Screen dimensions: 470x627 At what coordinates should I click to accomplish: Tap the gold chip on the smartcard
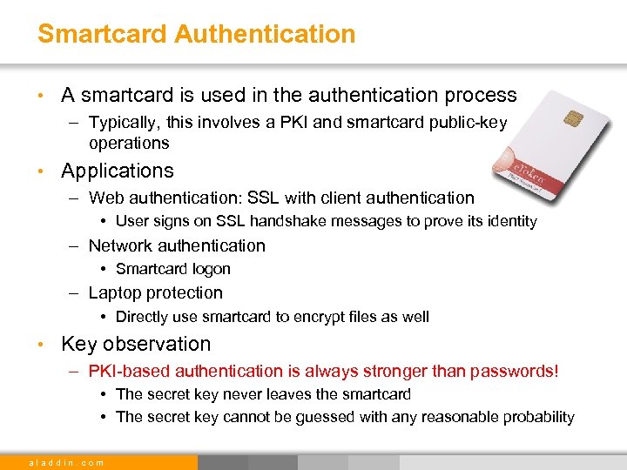(574, 117)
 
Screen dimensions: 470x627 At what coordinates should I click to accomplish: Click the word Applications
(118, 171)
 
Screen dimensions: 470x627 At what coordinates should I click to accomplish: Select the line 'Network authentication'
(177, 245)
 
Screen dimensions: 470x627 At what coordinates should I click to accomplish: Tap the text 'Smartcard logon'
(172, 269)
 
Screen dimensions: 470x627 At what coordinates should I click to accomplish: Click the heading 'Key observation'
(136, 344)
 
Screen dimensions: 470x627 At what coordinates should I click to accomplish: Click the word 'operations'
(129, 142)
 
